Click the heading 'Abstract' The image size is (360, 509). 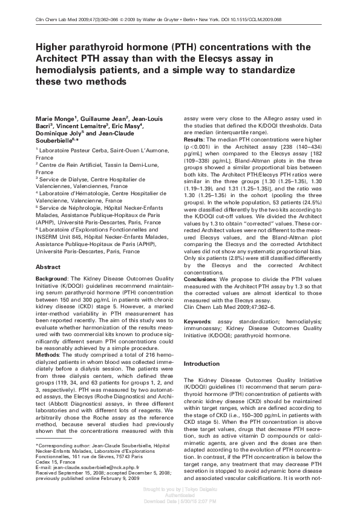48,267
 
